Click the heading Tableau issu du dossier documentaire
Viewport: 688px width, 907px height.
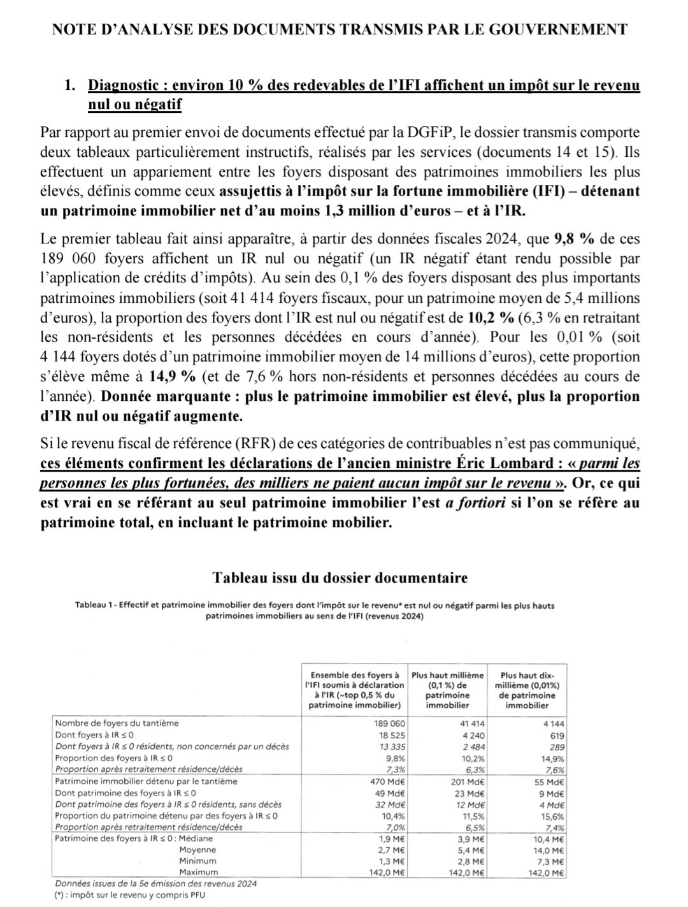click(x=340, y=577)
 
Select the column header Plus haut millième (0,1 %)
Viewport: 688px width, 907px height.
click(x=448, y=679)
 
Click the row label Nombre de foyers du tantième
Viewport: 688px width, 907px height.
click(x=117, y=723)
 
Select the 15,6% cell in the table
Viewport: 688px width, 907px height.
click(x=553, y=815)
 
